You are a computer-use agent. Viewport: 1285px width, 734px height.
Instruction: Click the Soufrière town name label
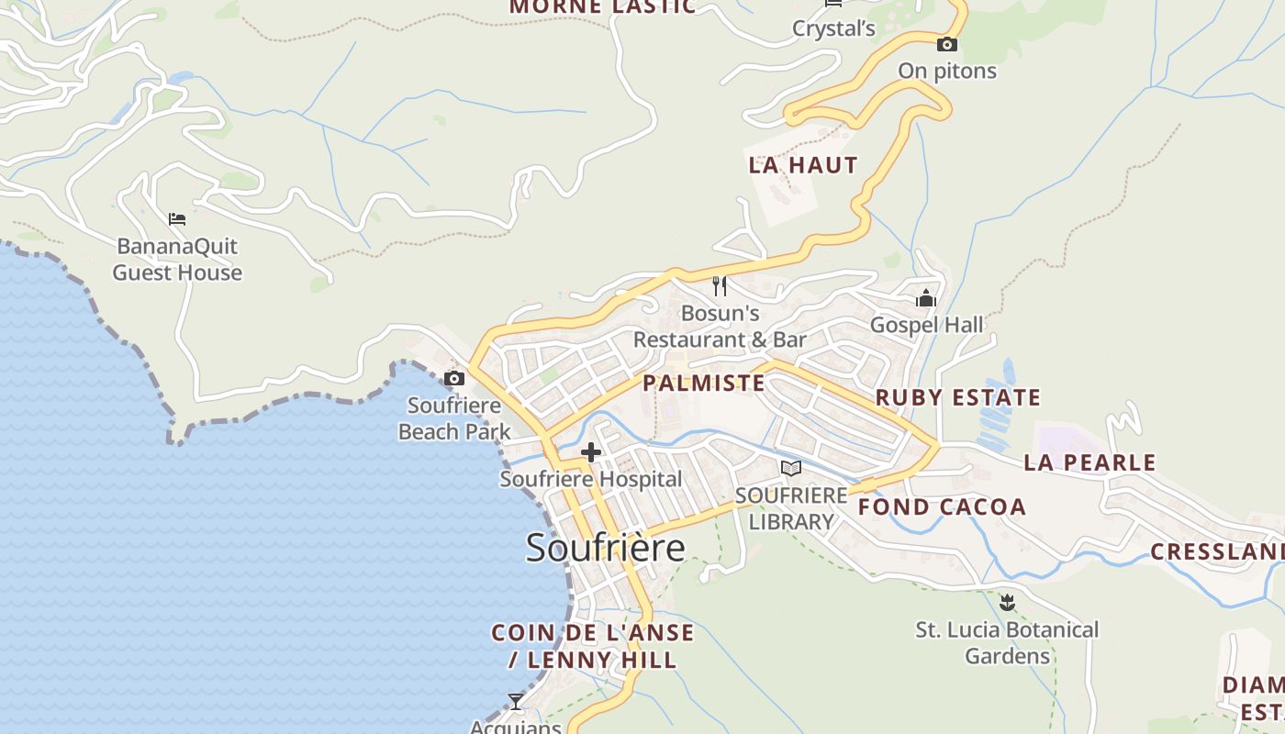pos(605,548)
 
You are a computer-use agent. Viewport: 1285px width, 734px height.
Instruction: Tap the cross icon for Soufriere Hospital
pos(591,452)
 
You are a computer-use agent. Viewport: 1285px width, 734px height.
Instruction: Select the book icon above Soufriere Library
pos(790,469)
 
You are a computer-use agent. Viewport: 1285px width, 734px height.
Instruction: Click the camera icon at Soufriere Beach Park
pos(454,378)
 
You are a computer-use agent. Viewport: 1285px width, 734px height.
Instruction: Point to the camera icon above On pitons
pos(947,44)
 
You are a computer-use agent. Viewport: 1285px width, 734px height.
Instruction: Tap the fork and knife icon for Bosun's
pos(720,286)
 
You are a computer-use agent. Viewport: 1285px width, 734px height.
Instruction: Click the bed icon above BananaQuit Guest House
pos(177,219)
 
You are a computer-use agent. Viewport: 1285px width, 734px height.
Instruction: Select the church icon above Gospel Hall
pos(926,298)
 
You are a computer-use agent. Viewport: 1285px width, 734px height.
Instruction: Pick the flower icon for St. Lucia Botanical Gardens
pos(1007,603)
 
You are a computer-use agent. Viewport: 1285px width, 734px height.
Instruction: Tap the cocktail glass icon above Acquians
pos(516,702)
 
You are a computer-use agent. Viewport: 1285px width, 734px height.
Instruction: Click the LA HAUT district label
pos(803,165)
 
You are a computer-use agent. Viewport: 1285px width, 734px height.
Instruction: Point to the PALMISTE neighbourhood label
pos(704,383)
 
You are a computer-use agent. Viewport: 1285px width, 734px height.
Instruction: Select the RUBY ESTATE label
pos(958,397)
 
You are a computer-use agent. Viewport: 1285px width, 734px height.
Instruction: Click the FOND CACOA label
pos(942,506)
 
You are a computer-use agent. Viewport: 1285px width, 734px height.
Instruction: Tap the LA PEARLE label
pos(1089,462)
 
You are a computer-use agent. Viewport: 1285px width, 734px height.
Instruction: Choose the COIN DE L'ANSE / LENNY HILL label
pos(593,646)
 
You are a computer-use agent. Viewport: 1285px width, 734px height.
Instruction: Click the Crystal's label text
pos(834,28)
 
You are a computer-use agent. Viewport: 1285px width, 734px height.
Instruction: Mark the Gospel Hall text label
pos(926,325)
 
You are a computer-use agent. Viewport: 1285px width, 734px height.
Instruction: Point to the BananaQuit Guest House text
pos(177,259)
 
